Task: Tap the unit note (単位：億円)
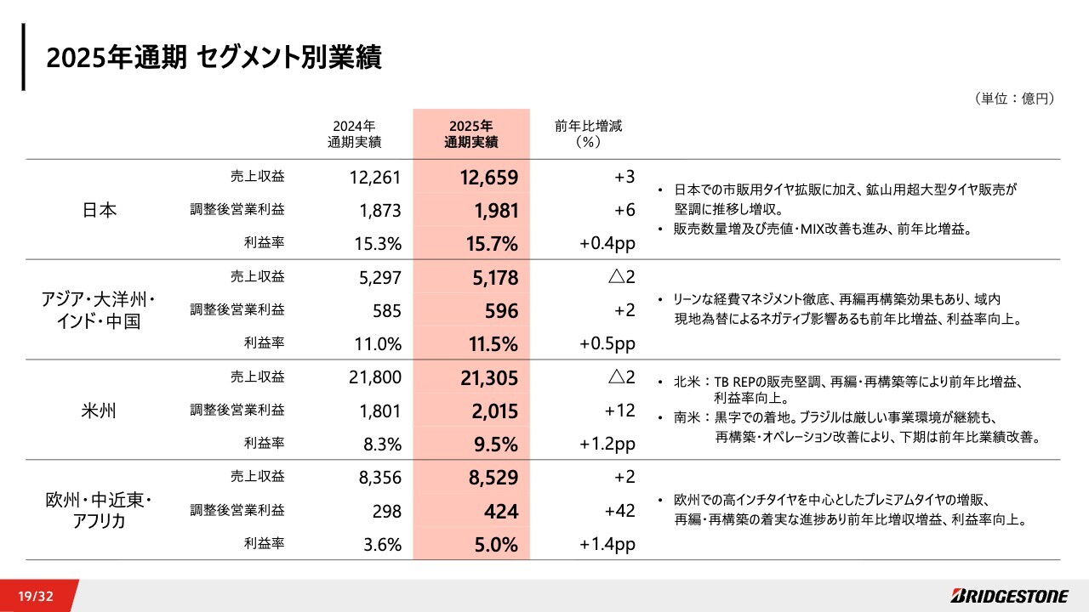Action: click(1014, 99)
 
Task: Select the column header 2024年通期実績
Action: click(354, 133)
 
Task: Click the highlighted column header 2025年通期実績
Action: click(471, 133)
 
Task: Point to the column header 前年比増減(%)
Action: click(589, 133)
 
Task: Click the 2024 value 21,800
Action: click(374, 377)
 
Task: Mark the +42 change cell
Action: click(619, 511)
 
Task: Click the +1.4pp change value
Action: click(607, 545)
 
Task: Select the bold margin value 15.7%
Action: click(492, 245)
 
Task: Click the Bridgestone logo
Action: click(1003, 596)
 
